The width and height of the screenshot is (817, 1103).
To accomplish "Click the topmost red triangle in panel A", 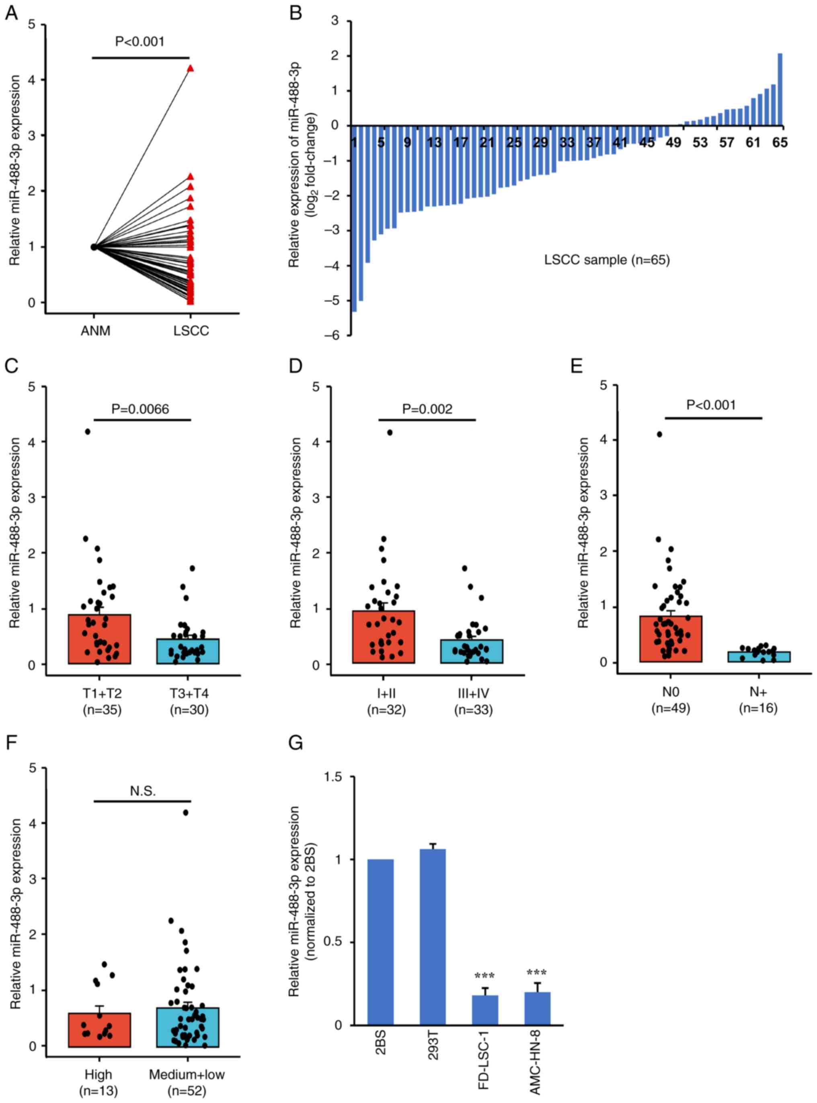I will (x=191, y=69).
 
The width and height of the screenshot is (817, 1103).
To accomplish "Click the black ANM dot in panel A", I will (x=94, y=247).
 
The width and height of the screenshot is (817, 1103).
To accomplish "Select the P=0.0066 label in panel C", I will (x=140, y=409).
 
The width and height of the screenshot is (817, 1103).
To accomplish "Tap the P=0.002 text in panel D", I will (x=427, y=409).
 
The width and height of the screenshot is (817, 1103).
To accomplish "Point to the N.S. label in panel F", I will (x=143, y=791).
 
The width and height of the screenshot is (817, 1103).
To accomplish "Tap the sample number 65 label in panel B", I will (x=780, y=143).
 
